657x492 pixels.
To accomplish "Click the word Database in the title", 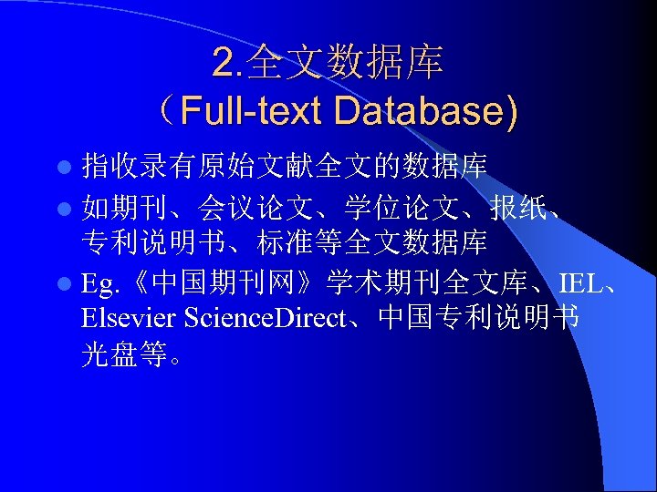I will pyautogui.click(x=425, y=111).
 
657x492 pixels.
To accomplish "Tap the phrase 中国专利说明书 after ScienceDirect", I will pyautogui.click(x=478, y=320).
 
